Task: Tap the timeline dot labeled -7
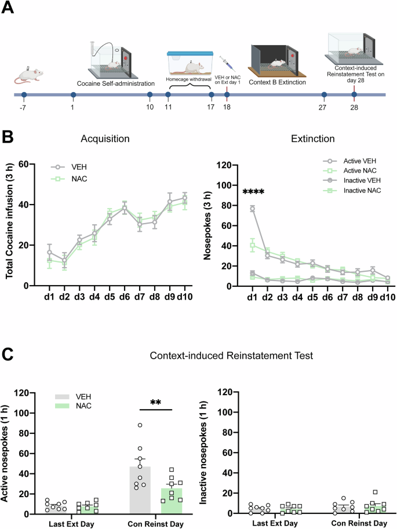coord(23,94)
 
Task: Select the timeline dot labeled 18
coord(226,94)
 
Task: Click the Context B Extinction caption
coord(278,82)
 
